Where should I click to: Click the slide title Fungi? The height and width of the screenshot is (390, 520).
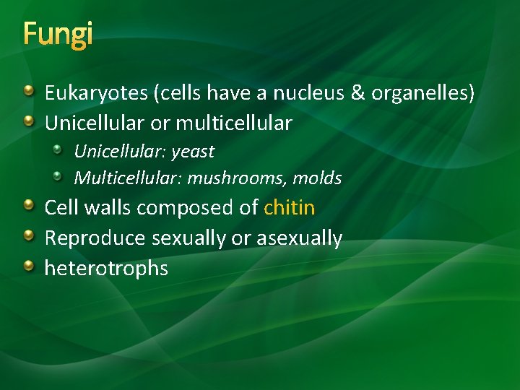58,35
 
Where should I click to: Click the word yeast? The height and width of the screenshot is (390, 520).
194,152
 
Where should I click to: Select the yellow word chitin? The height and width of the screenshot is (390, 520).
290,208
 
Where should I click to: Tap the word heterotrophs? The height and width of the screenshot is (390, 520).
106,269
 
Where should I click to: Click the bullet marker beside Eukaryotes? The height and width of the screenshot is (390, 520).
28,91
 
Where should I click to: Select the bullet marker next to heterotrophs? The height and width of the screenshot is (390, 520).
28,266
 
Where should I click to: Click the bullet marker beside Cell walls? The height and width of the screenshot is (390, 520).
28,206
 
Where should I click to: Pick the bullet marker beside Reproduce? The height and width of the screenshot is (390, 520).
28,236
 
